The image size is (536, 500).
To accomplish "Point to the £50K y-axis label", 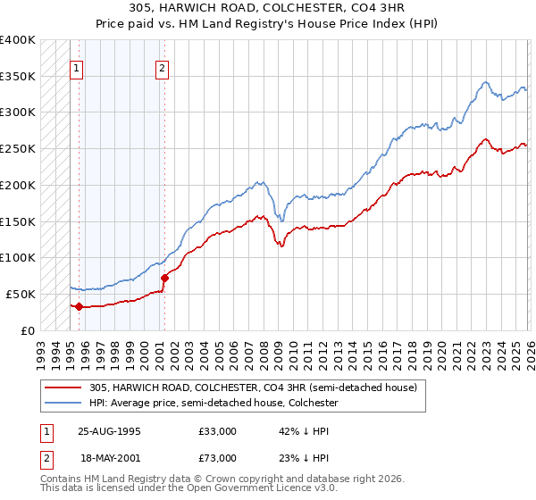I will click(x=21, y=294).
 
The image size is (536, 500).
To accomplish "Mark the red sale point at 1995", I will click(x=80, y=306).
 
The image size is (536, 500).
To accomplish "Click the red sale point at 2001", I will click(x=163, y=278).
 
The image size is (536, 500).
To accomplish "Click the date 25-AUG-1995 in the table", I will click(x=109, y=431).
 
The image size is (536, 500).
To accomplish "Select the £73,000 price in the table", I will click(x=218, y=458).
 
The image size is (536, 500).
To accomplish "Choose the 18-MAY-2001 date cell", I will click(x=109, y=458).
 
